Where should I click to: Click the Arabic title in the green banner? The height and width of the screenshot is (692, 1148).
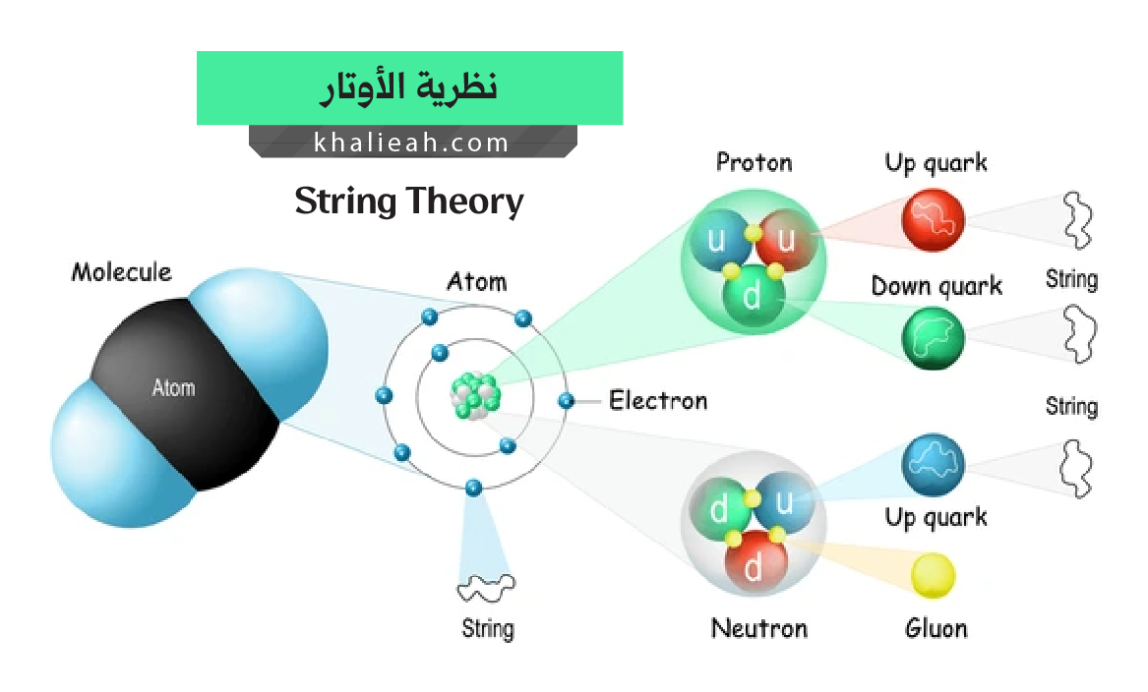[x=408, y=88]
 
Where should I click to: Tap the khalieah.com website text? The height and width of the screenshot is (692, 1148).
[x=411, y=142]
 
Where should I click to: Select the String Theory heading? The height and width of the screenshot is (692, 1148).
[x=409, y=202]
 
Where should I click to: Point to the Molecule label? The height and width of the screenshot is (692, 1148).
[x=122, y=272]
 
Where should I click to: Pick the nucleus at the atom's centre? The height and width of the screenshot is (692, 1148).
[x=475, y=396]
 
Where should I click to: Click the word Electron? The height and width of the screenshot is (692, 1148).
[x=658, y=400]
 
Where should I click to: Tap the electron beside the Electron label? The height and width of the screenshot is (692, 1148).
[x=566, y=400]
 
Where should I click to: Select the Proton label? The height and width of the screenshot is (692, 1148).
[x=755, y=161]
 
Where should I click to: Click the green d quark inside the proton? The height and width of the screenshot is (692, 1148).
[x=753, y=296]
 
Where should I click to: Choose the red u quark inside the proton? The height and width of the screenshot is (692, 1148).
[x=786, y=239]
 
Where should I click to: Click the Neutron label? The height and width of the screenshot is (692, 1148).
[x=759, y=628]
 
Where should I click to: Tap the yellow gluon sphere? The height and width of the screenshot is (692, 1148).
[x=933, y=576]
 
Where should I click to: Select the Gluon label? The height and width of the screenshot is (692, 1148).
[x=936, y=628]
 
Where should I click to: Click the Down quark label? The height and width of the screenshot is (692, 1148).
[x=937, y=286]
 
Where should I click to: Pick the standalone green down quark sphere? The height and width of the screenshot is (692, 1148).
[x=933, y=338]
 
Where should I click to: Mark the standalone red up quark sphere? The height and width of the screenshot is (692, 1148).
[x=933, y=219]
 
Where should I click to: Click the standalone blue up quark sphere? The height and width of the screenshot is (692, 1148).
[x=933, y=465]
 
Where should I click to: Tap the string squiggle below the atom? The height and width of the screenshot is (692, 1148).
[x=485, y=588]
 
